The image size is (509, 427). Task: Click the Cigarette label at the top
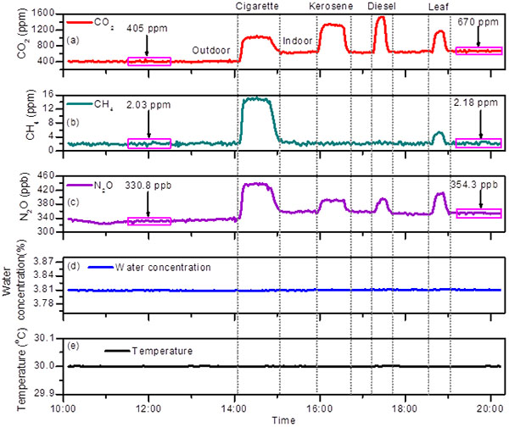(x=258, y=8)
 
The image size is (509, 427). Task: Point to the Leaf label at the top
(x=439, y=8)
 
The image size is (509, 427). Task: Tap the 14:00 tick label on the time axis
(x=236, y=405)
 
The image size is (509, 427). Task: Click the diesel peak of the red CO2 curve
(x=381, y=18)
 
